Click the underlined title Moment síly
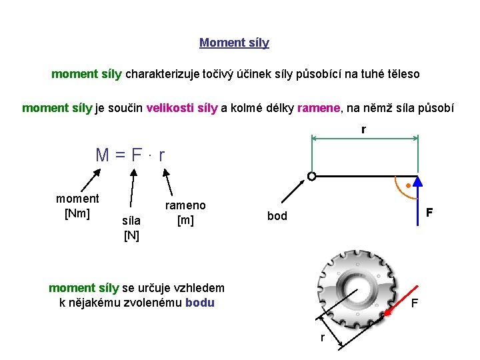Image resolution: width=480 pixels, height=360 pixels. pyautogui.click(x=234, y=43)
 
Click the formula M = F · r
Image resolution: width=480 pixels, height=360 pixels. pyautogui.click(x=130, y=155)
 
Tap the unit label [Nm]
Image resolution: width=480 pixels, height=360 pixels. pyautogui.click(x=77, y=213)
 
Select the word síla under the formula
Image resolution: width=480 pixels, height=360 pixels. pyautogui.click(x=131, y=221)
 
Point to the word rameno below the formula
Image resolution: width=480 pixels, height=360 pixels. pyautogui.click(x=185, y=205)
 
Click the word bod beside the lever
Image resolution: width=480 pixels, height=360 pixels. pyautogui.click(x=277, y=217)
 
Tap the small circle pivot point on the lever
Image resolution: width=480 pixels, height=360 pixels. pyautogui.click(x=311, y=177)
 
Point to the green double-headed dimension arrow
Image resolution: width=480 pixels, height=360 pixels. pyautogui.click(x=365, y=139)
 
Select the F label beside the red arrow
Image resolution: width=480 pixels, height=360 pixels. pyautogui.click(x=415, y=305)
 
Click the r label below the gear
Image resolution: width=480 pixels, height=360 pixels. pyautogui.click(x=323, y=337)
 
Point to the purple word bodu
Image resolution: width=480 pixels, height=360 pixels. pyautogui.click(x=200, y=302)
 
